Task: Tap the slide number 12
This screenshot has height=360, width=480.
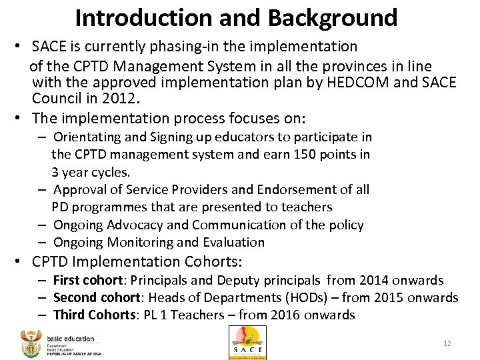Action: [447, 343]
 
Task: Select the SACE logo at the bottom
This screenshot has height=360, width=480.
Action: [247, 342]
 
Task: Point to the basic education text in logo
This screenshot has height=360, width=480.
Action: [71, 339]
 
